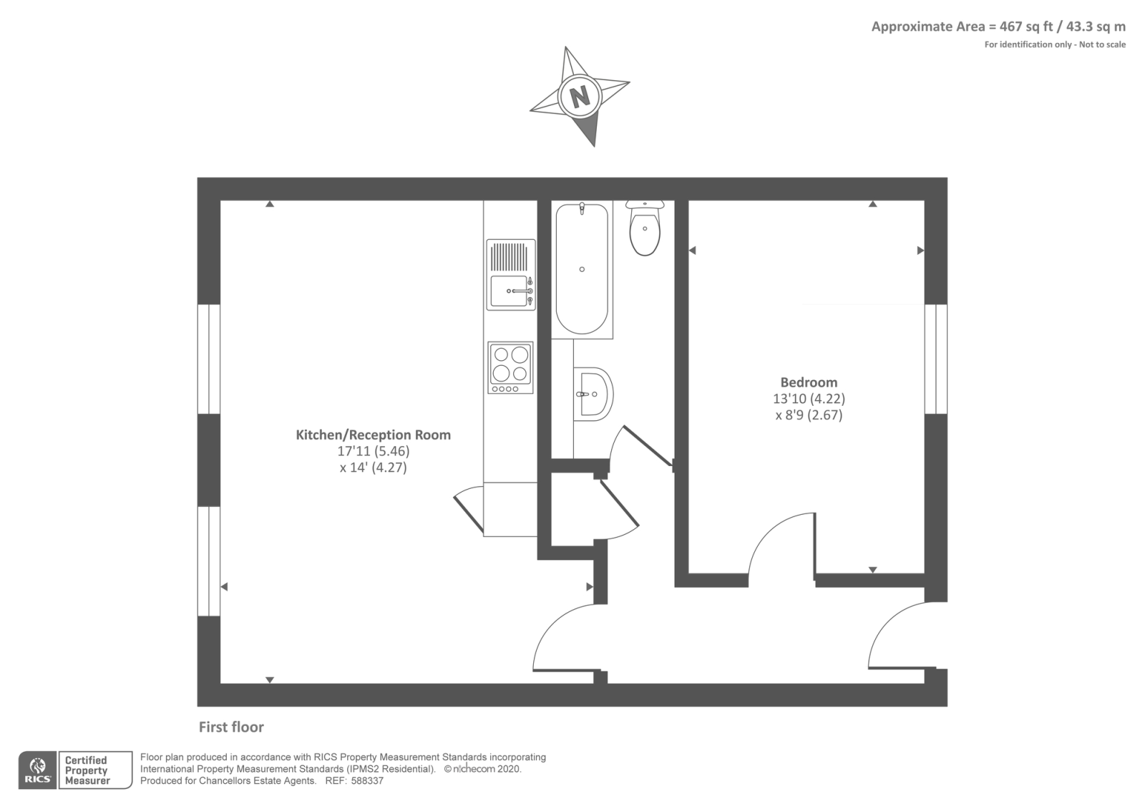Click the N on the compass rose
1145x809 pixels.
pos(579,95)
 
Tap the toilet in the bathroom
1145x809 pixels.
pos(645,228)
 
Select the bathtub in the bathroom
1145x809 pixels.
pos(582,269)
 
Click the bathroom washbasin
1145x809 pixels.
pos(593,394)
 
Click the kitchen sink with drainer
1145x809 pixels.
pos(511,275)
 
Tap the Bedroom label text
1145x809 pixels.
pos(809,382)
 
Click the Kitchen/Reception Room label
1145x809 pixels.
pos(373,435)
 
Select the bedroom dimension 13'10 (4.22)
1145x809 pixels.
pos(809,399)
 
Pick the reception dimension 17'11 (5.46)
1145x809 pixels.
pos(373,452)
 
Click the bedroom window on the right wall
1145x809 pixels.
pos(936,359)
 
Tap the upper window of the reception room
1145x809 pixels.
pos(208,359)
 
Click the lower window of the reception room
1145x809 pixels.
pos(208,561)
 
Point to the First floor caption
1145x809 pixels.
pos(231,727)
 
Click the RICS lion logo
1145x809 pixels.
pos(38,770)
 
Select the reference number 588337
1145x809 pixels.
pos(367,781)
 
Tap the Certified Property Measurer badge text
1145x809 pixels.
pos(87,770)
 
